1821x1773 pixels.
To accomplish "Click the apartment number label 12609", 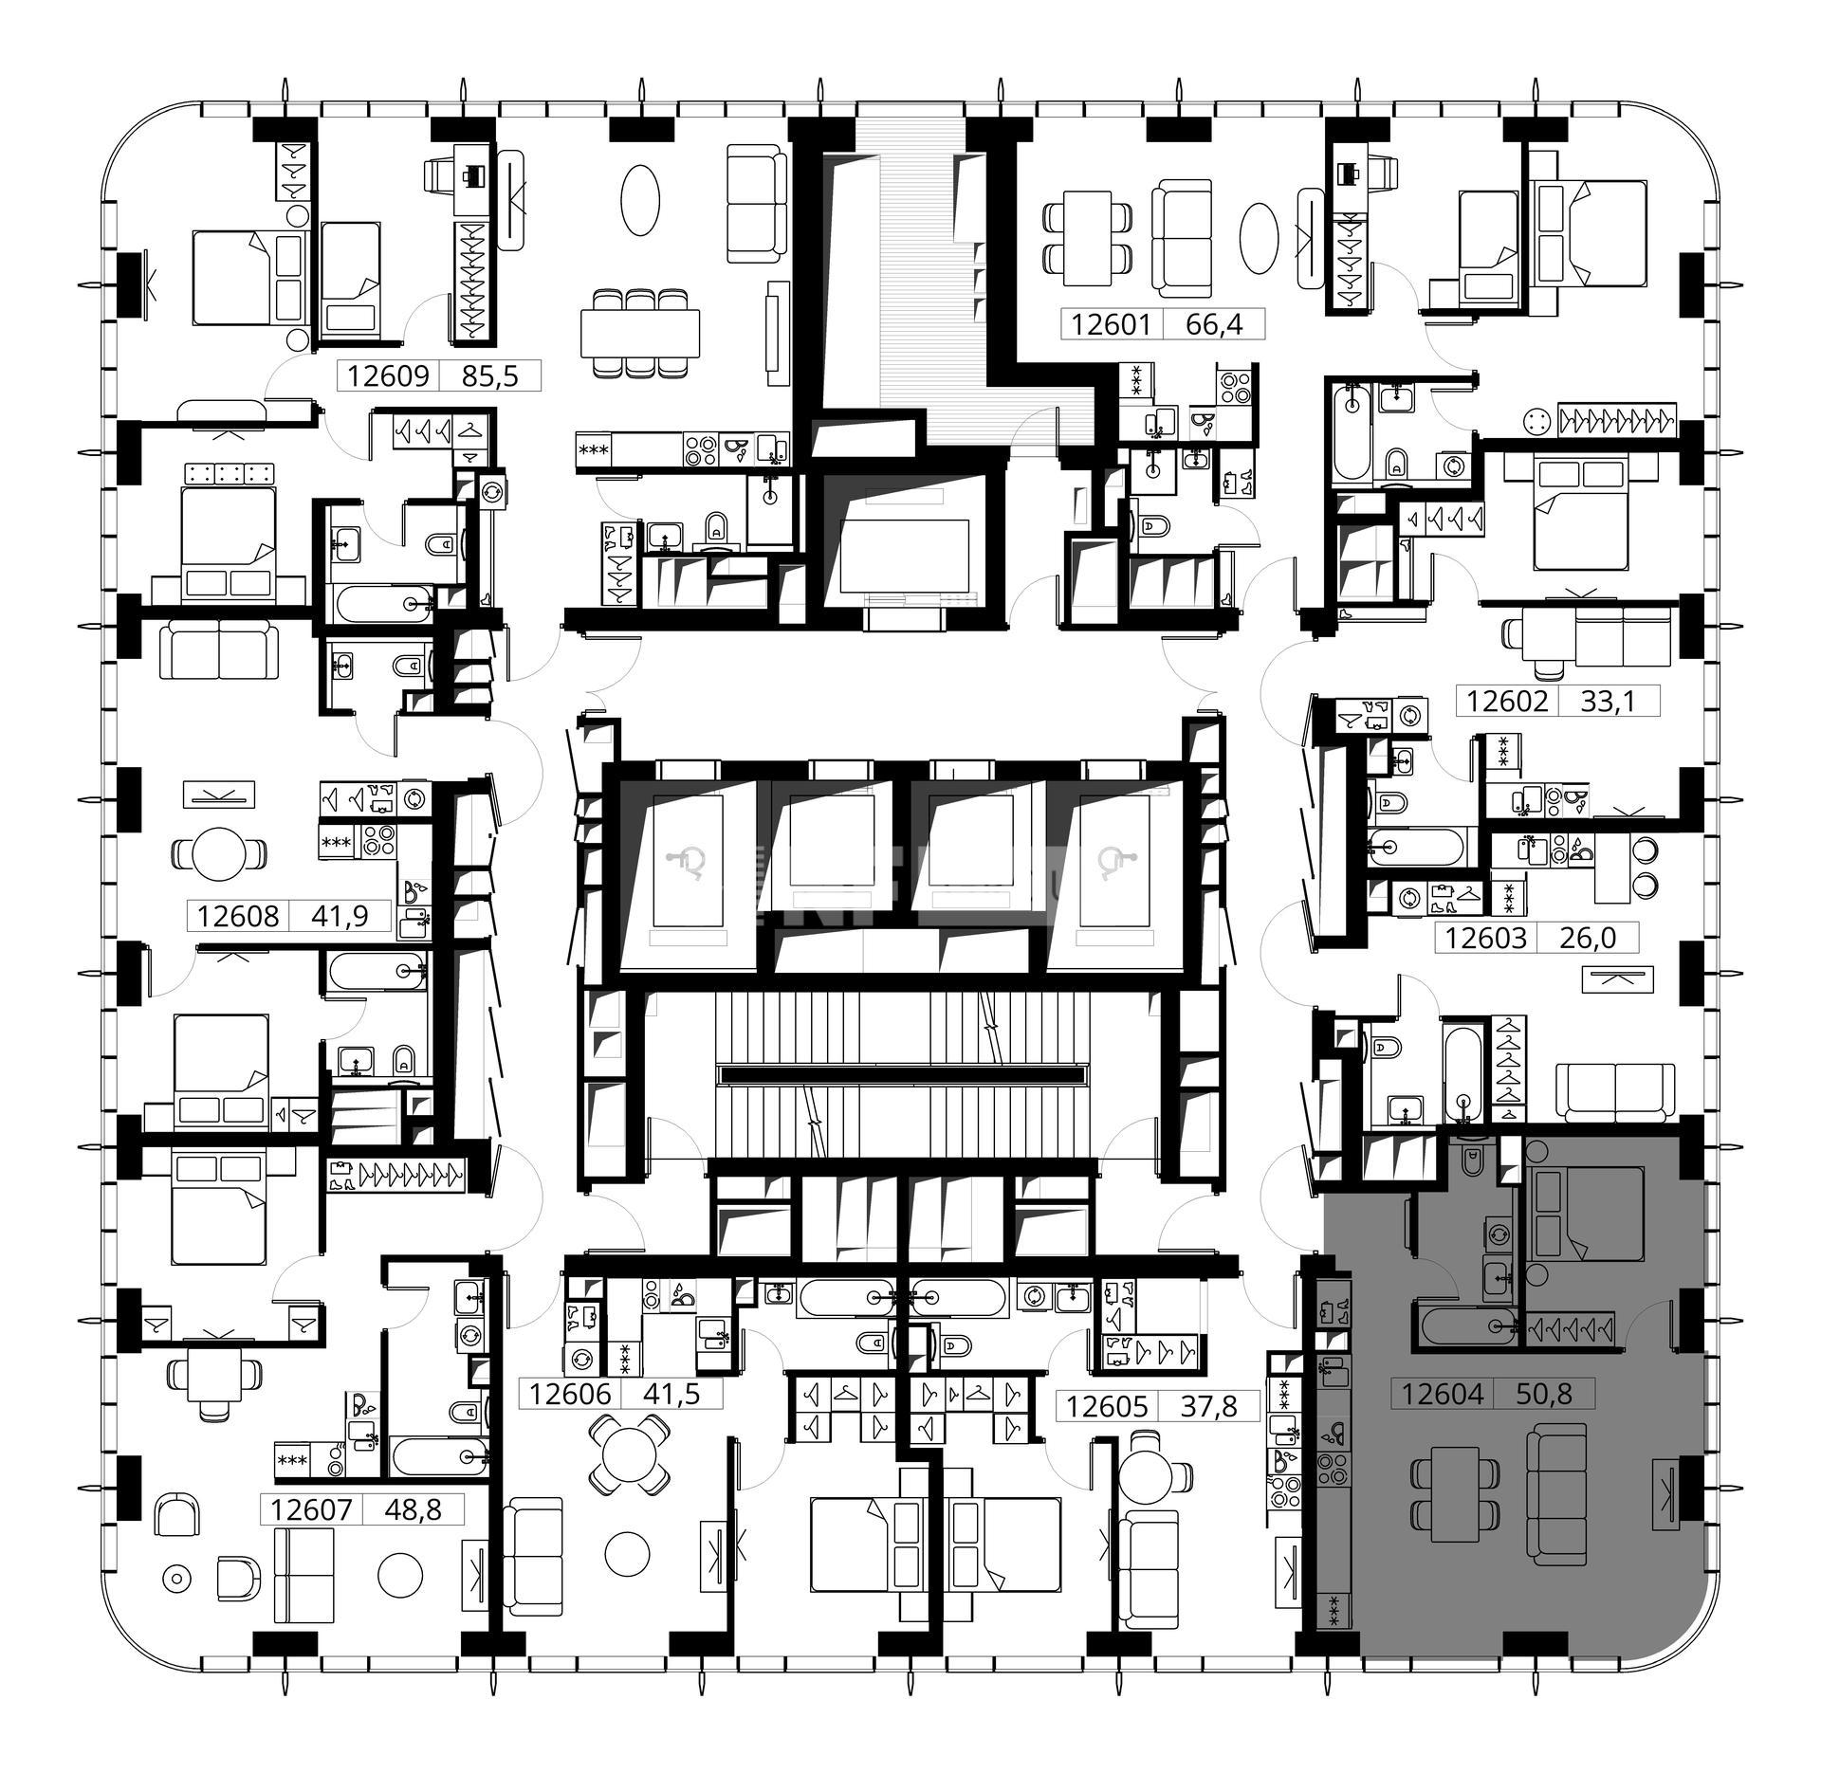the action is pos(388,376).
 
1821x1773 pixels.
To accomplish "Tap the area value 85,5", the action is pos(490,376).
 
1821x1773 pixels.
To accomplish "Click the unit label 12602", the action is pos(1507,701).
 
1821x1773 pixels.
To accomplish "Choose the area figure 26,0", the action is pos(1588,937).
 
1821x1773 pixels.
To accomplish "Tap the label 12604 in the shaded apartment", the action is pos(1442,1394).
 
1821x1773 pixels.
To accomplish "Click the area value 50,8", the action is pos(1544,1394).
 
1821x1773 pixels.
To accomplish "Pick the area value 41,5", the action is pos(671,1394).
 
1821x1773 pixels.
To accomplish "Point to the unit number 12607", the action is pos(311,1508).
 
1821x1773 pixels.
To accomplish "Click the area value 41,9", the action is pos(339,916).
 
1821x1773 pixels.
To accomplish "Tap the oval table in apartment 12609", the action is pos(640,200).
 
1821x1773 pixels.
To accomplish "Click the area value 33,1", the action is pos(1609,701).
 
